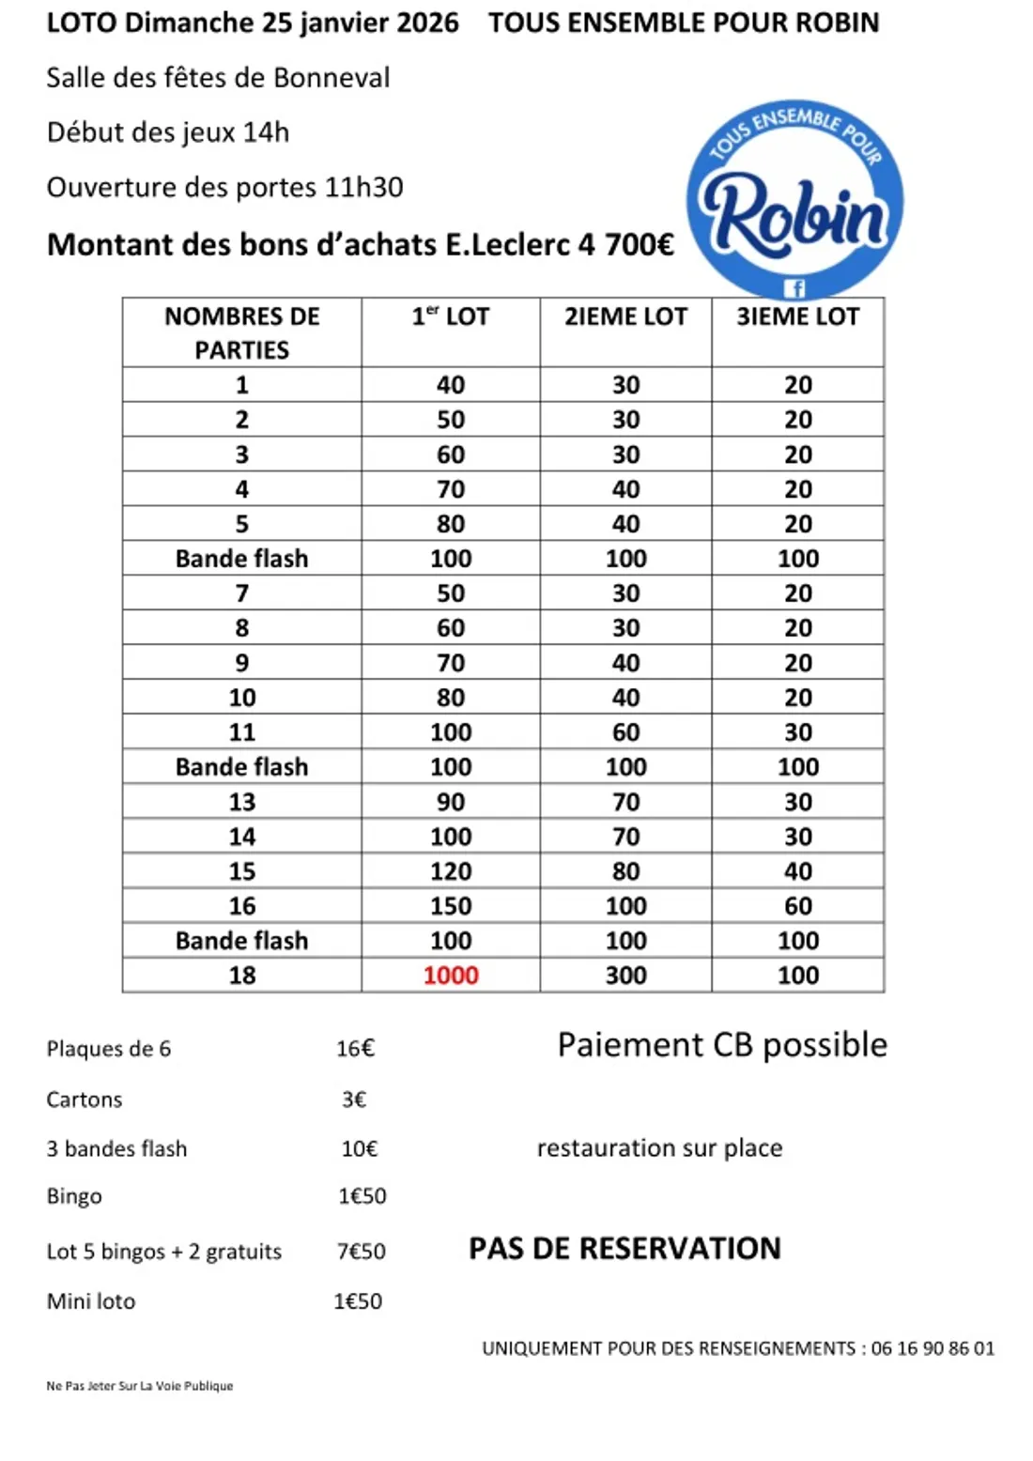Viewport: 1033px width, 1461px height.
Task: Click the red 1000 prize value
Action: [451, 975]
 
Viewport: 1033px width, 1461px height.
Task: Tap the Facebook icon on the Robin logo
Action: [794, 288]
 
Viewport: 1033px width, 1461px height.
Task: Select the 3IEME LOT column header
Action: [797, 317]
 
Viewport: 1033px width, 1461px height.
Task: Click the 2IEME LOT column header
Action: [625, 317]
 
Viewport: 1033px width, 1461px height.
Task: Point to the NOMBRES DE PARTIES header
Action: [241, 333]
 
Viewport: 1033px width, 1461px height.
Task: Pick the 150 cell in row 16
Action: [451, 906]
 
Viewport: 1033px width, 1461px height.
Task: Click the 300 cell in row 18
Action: [625, 975]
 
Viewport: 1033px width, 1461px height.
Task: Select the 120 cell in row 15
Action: [451, 871]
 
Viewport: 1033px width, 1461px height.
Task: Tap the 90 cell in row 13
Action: [451, 802]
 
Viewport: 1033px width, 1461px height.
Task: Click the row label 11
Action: [241, 732]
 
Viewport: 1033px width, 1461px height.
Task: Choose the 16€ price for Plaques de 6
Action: [355, 1049]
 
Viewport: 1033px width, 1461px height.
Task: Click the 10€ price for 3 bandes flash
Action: [359, 1148]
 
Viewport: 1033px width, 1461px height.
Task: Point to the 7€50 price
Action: [362, 1252]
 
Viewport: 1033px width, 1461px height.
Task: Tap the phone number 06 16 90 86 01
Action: [933, 1348]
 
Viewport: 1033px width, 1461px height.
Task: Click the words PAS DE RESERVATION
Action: [624, 1249]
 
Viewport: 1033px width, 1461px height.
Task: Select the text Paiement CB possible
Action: [722, 1045]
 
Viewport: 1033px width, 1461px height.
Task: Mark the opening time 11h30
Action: [363, 188]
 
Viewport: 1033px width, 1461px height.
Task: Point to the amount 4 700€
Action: [626, 245]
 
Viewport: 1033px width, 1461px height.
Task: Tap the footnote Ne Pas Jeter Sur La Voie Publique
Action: [140, 1386]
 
